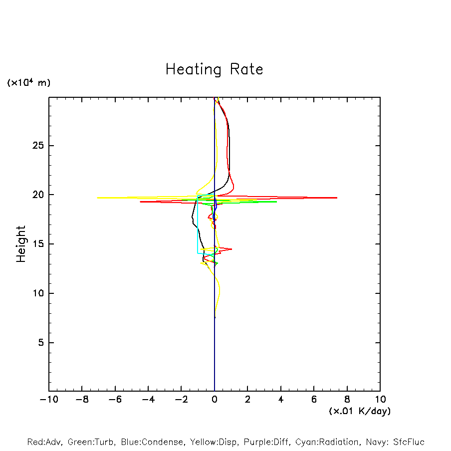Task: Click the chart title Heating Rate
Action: pyautogui.click(x=214, y=69)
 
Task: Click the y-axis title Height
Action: pyautogui.click(x=21, y=244)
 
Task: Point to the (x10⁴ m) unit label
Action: pyautogui.click(x=28, y=83)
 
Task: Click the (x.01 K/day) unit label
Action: pyautogui.click(x=359, y=411)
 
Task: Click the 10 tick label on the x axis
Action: pyautogui.click(x=380, y=400)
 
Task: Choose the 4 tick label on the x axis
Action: pyautogui.click(x=281, y=400)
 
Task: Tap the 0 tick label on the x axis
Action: pyautogui.click(x=215, y=400)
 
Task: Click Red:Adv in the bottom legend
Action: pyautogui.click(x=44, y=442)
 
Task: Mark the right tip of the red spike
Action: pyautogui.click(x=337, y=198)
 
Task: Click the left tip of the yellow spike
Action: pyautogui.click(x=97, y=198)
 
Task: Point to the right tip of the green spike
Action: pyautogui.click(x=276, y=202)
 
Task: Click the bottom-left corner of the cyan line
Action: pyautogui.click(x=198, y=253)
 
